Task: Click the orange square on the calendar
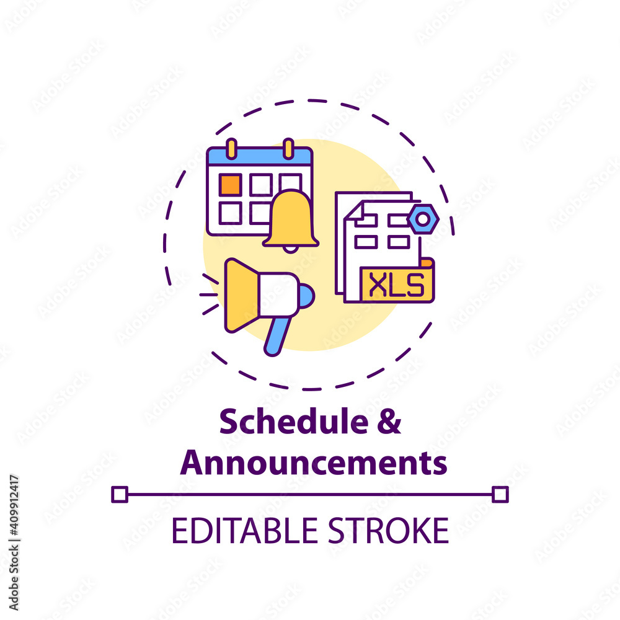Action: coord(231,184)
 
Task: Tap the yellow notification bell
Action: coord(291,219)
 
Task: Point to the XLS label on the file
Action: coord(397,286)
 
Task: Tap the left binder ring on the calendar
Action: coord(231,149)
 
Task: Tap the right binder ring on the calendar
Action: coord(288,149)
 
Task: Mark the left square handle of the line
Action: coord(120,494)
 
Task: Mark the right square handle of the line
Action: coord(500,494)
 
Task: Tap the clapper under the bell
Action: coord(290,249)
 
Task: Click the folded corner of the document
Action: coord(353,211)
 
